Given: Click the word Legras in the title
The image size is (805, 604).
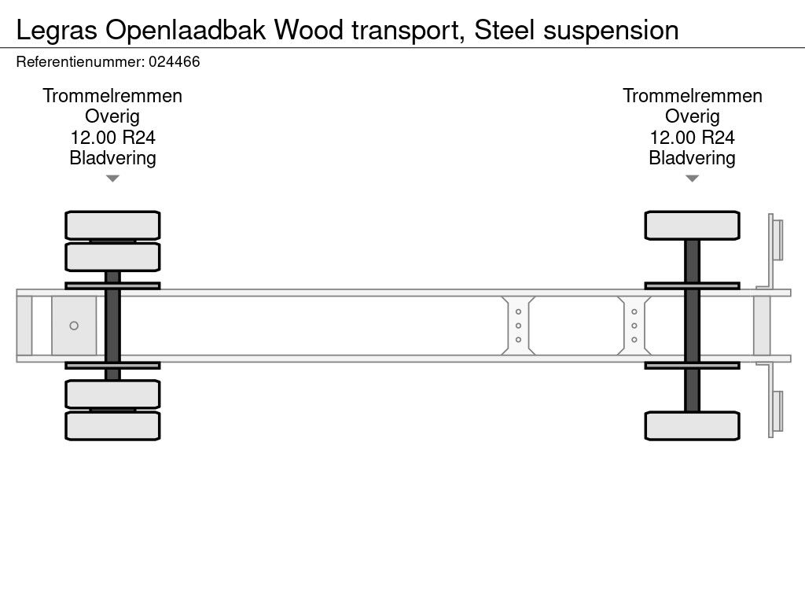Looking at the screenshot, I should pos(57,30).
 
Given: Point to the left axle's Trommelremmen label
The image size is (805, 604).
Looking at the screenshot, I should pos(112,96).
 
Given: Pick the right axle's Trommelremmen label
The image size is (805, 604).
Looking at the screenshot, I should pos(692,96).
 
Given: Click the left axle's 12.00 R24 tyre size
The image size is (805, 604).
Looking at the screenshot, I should pos(112,138).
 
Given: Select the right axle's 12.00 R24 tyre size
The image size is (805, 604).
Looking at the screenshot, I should pos(692,138).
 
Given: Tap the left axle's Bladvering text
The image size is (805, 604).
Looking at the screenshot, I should pos(112,158).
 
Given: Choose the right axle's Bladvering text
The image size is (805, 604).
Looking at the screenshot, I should pos(692,158).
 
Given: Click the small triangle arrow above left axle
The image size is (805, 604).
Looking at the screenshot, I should pos(112,179).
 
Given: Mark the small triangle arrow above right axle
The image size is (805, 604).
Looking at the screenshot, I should pos(692,179).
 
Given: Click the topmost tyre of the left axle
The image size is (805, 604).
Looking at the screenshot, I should pos(112,225).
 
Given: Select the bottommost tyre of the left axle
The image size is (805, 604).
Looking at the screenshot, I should pos(112,425).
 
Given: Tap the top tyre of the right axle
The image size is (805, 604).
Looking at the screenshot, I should pos(692,225).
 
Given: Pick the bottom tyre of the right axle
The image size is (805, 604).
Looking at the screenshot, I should pos(692,425).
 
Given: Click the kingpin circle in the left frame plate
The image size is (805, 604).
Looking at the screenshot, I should pos(74,326).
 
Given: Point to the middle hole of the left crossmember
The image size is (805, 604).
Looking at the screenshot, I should pos(518,326).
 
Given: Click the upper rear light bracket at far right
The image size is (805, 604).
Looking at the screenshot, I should pos(777,239).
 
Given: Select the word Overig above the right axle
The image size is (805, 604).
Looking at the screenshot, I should pos(692,116).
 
